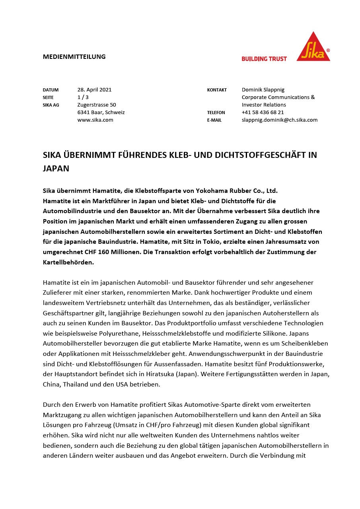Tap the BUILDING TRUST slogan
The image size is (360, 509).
point(264,59)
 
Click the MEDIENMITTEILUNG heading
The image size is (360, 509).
point(74,56)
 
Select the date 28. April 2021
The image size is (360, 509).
point(94,90)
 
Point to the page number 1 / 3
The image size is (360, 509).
point(83,97)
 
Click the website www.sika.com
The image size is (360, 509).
point(95,120)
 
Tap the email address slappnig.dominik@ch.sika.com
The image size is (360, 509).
point(279,120)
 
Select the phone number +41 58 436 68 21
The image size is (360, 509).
point(263,113)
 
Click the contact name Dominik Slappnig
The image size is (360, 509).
point(263,90)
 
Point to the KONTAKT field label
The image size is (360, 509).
point(217,90)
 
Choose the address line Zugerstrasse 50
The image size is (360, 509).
point(97,105)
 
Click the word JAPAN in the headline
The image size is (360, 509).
point(56,168)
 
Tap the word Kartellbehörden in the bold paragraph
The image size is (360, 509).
point(68,262)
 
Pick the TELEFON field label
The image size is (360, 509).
point(216,113)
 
